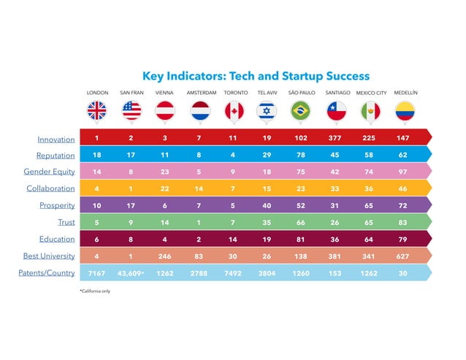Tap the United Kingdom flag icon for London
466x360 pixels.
point(97,110)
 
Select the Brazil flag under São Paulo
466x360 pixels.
point(301,110)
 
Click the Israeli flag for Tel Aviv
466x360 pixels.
point(267,110)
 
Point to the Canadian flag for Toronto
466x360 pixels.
point(233,110)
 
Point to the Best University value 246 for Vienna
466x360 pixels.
point(165,256)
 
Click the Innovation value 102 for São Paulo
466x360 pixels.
point(301,138)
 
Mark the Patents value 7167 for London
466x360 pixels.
point(97,273)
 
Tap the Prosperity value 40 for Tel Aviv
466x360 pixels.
point(267,205)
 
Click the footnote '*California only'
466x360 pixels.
point(99,291)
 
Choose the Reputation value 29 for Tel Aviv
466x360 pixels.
point(267,155)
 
